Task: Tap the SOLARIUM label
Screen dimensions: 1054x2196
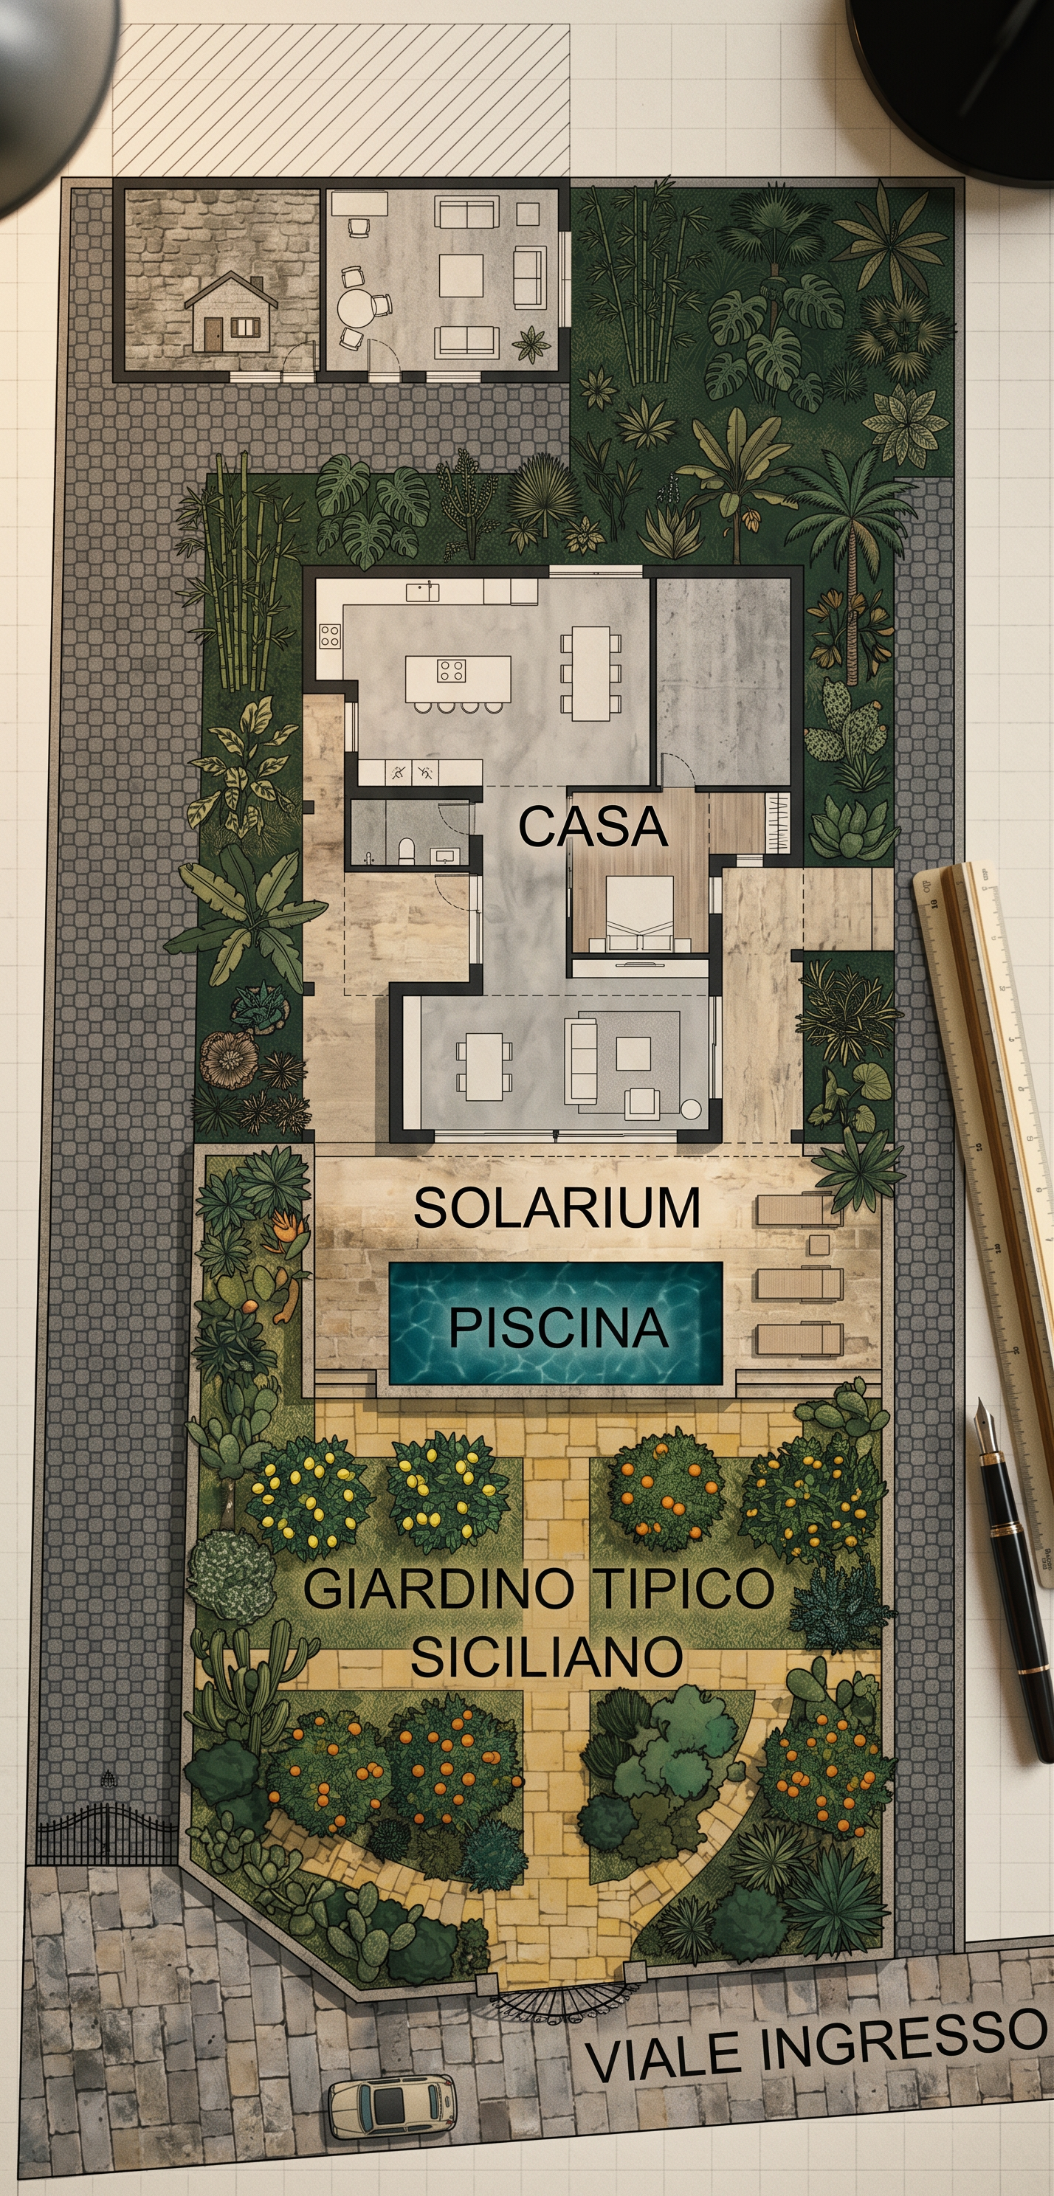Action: (557, 1207)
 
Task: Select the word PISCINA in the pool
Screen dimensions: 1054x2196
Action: (558, 1327)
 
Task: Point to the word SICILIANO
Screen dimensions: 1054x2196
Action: (547, 1656)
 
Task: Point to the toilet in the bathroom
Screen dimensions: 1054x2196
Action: (407, 850)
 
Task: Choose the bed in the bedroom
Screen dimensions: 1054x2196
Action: (640, 913)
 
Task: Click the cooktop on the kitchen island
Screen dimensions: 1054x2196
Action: (451, 670)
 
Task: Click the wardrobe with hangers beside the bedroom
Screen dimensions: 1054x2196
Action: (778, 822)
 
